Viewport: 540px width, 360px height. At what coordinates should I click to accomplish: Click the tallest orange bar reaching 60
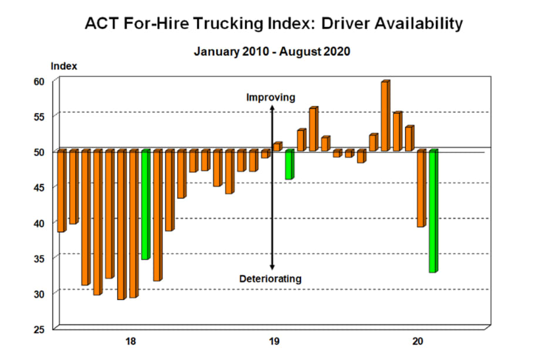[x=385, y=116]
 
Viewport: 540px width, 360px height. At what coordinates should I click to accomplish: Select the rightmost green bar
[x=433, y=211]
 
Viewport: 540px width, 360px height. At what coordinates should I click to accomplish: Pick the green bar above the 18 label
[x=145, y=204]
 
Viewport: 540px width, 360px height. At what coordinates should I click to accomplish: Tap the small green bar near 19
[x=289, y=165]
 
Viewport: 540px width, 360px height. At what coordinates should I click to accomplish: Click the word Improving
[x=271, y=97]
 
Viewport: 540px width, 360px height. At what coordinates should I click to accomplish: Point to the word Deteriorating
[x=271, y=278]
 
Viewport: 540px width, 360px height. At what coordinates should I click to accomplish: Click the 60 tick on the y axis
[x=39, y=81]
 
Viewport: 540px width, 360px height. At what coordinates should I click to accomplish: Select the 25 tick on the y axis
[x=39, y=329]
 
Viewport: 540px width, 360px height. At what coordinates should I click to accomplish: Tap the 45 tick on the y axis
[x=39, y=187]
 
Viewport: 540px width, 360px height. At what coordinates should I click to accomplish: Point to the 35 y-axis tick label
[x=39, y=258]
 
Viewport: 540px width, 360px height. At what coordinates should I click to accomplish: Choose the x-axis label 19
[x=274, y=341]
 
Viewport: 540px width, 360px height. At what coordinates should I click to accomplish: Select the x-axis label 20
[x=417, y=341]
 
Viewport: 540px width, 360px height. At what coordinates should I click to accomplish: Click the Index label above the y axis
[x=64, y=66]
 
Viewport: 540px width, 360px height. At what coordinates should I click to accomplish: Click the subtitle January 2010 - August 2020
[x=272, y=52]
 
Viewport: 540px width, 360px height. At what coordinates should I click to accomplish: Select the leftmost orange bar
[x=61, y=191]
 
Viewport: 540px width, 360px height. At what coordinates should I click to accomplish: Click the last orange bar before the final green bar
[x=421, y=189]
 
